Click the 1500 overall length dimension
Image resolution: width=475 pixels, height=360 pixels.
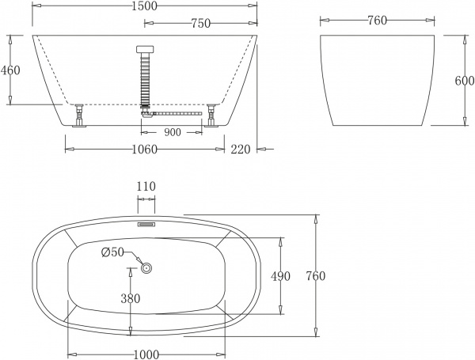(x=146, y=6)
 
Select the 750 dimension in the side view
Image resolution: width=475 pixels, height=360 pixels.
(x=200, y=24)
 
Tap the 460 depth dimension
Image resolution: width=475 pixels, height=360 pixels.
(x=10, y=70)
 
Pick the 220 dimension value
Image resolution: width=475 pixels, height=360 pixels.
(x=242, y=148)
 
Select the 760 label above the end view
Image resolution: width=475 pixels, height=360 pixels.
(x=377, y=21)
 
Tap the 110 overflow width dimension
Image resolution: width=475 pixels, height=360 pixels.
(x=146, y=186)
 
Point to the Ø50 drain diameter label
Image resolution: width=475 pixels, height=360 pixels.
(x=112, y=252)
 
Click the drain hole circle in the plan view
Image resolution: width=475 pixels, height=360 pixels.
(x=146, y=267)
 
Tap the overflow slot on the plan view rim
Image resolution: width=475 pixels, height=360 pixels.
(x=147, y=224)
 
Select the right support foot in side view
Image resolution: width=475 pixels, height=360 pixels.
(x=211, y=115)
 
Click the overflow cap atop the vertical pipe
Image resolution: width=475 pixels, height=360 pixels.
(x=145, y=49)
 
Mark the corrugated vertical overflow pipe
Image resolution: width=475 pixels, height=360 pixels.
(x=145, y=79)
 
